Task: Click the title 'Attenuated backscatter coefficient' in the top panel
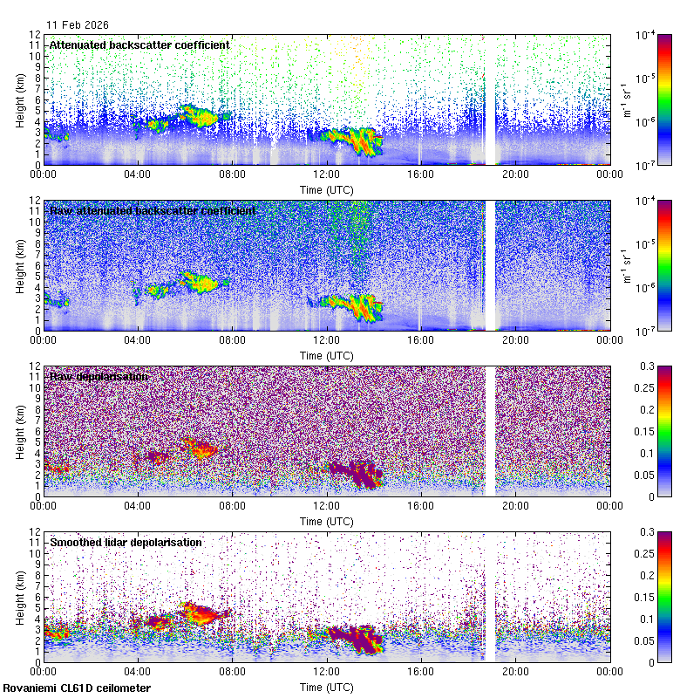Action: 139,44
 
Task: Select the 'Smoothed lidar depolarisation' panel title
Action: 126,542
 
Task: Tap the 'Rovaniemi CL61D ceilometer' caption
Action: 76,688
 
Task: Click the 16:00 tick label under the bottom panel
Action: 420,672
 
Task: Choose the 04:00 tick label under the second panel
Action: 138,340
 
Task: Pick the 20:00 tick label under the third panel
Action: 515,506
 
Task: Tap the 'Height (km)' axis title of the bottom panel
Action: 20,596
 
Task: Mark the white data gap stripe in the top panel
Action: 490,100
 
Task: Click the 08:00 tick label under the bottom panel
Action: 232,672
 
